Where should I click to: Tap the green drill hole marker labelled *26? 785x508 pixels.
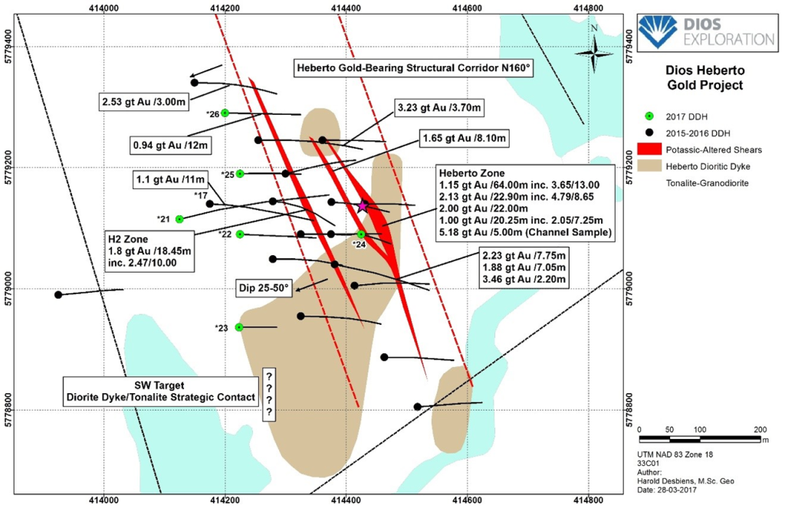(225, 113)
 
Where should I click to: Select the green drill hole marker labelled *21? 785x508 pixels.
(179, 219)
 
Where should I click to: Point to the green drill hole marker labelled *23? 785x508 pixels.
(239, 327)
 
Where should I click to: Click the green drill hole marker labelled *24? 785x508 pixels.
(360, 234)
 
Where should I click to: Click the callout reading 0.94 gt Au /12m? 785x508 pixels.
(170, 143)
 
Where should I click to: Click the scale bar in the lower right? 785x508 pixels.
(701, 439)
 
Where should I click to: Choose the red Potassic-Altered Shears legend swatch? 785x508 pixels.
(652, 149)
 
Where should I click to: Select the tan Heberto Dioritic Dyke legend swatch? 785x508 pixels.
(652, 166)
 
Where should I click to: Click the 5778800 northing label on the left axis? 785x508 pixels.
(7, 411)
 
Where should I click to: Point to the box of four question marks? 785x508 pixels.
(270, 394)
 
